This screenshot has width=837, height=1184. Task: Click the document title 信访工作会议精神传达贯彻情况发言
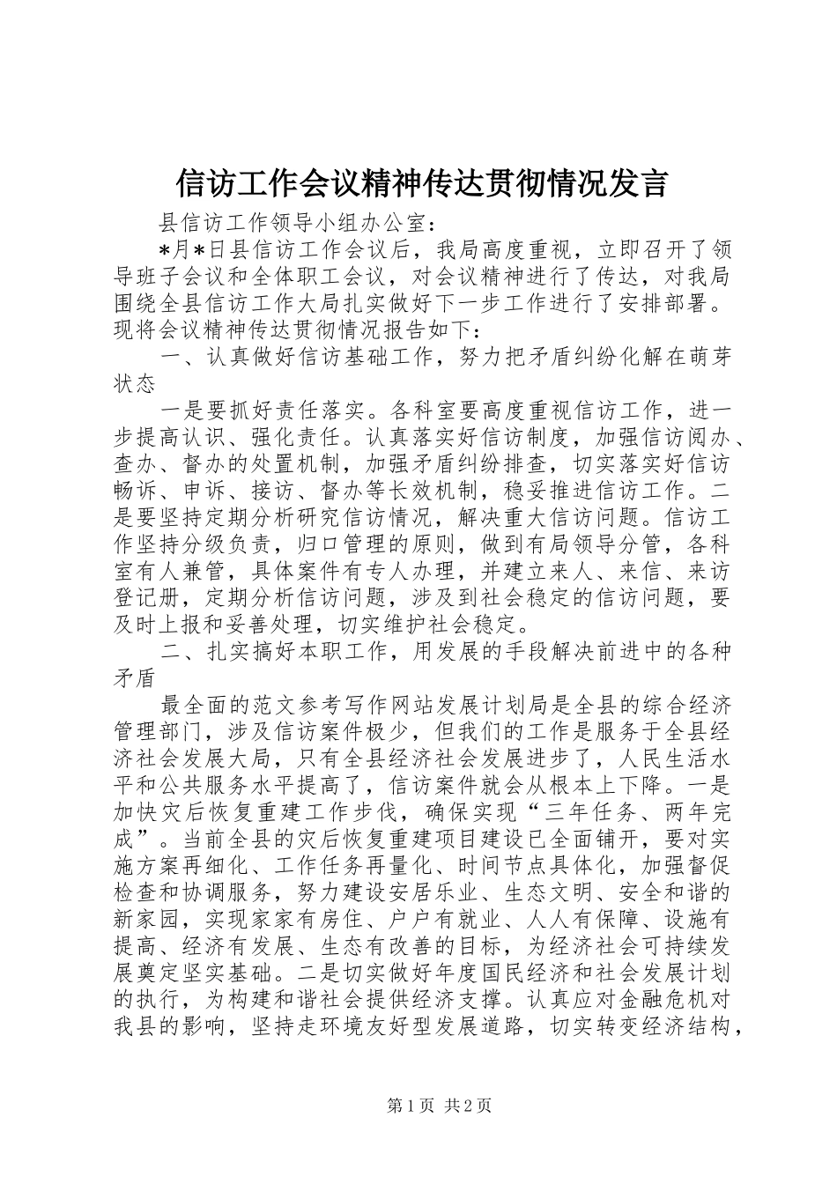[x=421, y=184]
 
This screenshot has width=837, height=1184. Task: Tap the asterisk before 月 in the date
[x=164, y=249]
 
